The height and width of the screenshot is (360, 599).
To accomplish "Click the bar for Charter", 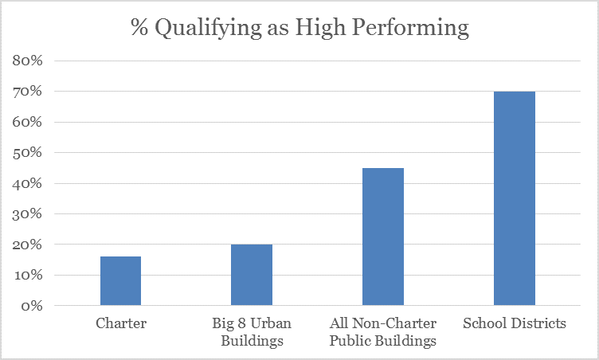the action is click(121, 281).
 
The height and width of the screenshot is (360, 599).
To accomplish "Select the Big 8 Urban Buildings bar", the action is click(252, 275).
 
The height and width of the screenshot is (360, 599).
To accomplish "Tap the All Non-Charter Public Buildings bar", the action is click(383, 237).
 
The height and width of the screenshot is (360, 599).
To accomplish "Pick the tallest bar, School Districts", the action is click(515, 198).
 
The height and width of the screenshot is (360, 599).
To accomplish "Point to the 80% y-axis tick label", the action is click(27, 61).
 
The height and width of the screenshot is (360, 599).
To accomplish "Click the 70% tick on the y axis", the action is click(27, 92).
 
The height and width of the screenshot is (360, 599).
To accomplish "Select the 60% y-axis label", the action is click(27, 122).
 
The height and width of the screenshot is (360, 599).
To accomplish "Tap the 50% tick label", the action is click(27, 152).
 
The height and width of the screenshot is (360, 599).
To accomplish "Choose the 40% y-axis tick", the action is click(27, 183).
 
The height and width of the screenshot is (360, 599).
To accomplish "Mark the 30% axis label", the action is click(27, 213).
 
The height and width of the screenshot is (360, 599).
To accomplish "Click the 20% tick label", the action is click(27, 245).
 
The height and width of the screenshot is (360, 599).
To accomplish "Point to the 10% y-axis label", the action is click(27, 275).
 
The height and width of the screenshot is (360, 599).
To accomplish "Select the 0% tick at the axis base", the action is click(32, 305).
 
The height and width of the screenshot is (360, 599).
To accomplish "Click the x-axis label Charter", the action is click(121, 323).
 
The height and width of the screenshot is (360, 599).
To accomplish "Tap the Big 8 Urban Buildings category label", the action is click(252, 331).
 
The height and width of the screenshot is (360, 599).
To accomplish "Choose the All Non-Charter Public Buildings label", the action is click(383, 331).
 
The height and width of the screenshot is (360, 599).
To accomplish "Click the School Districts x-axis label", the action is click(515, 323).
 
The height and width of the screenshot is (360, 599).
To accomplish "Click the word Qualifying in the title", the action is click(208, 28).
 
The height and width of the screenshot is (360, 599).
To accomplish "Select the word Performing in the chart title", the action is click(410, 28).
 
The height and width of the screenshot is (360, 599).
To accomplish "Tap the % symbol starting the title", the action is click(139, 27).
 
